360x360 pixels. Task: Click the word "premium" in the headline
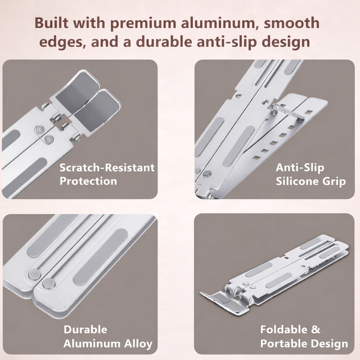click(143, 24)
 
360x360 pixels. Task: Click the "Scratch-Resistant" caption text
click(107, 168)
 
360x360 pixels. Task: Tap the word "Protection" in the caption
click(88, 181)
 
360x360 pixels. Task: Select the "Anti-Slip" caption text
click(300, 167)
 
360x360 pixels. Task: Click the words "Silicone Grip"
click(311, 181)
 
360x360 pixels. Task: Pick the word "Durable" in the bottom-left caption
click(85, 329)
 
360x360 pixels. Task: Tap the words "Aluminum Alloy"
click(108, 344)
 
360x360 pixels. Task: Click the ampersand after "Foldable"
click(316, 329)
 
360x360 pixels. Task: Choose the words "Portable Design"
click(304, 344)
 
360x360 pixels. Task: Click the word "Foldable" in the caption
click(284, 329)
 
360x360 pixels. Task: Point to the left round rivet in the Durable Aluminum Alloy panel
click(34, 274)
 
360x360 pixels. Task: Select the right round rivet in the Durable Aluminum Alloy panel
click(49, 283)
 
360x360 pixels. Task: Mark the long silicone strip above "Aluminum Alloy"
click(100, 257)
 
